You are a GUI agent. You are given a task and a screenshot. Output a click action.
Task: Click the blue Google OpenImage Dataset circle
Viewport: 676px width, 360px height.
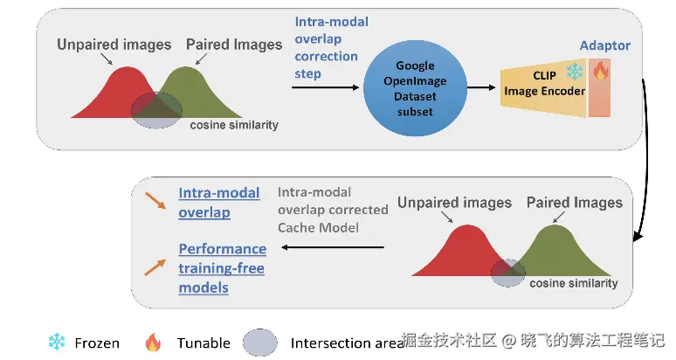click(415, 88)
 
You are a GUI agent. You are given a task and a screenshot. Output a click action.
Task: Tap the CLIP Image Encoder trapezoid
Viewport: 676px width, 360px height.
click(543, 87)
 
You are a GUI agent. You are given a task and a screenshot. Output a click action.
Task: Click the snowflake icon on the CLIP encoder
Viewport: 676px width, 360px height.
click(575, 71)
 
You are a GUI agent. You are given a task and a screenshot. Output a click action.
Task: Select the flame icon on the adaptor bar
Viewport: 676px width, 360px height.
click(600, 69)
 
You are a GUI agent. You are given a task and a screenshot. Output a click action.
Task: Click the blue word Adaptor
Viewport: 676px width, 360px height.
click(604, 45)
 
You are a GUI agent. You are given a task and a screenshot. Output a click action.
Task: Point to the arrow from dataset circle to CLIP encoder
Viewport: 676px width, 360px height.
click(481, 87)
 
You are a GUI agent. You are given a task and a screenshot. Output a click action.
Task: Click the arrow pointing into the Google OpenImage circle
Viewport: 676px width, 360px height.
click(326, 87)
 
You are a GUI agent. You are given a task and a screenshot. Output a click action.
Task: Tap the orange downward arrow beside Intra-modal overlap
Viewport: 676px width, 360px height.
click(155, 200)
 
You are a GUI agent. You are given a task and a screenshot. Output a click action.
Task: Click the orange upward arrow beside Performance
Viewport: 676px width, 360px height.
click(155, 267)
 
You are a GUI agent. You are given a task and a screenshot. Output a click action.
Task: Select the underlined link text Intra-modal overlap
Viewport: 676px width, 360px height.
click(219, 202)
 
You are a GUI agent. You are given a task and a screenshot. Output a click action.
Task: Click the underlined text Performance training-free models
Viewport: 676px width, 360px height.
click(223, 267)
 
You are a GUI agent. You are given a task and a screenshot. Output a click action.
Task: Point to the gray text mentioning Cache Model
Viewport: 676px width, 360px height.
click(333, 210)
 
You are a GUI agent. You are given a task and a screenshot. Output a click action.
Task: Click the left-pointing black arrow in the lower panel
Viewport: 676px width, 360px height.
click(333, 247)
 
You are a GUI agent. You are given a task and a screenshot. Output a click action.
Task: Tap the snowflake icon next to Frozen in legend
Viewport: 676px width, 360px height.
click(57, 342)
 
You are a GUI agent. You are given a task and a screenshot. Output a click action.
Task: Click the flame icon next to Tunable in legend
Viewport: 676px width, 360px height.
click(153, 343)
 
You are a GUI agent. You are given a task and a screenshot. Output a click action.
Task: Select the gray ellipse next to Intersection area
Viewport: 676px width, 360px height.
click(260, 343)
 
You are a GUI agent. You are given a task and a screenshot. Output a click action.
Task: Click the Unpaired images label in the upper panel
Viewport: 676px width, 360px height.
click(114, 45)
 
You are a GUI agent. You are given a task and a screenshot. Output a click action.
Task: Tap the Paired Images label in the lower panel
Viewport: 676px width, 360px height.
click(575, 202)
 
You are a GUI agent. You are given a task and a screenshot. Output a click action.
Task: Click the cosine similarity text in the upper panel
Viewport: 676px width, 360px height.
click(234, 125)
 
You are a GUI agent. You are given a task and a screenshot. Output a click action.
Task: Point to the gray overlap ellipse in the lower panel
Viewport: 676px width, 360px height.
click(507, 273)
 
